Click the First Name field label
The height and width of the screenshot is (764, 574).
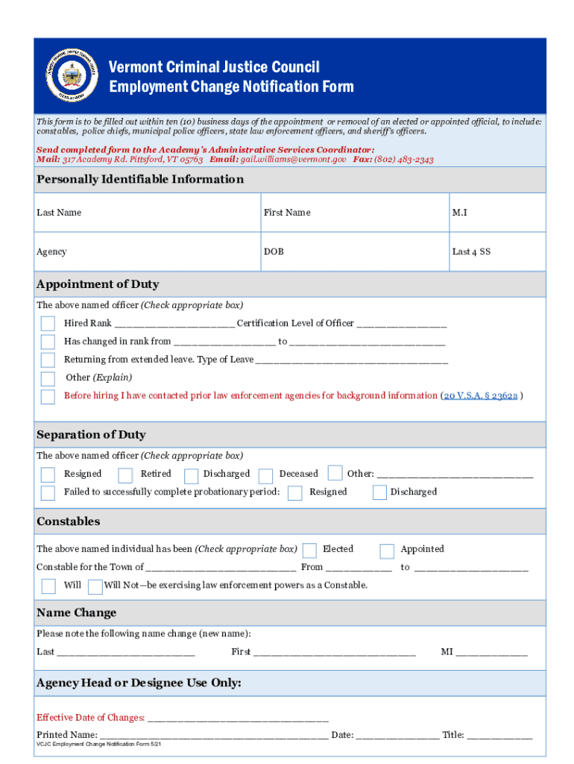(286, 213)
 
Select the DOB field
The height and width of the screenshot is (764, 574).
(354, 252)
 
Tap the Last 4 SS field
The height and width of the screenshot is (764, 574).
(496, 252)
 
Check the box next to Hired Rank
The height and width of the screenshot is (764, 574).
(48, 324)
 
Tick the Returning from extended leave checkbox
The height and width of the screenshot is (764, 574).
(48, 360)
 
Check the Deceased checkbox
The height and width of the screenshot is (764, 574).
(265, 475)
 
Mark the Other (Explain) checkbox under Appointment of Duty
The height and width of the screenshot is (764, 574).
(48, 379)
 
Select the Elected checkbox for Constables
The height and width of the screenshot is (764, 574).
(309, 551)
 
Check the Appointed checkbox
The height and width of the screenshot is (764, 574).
(387, 551)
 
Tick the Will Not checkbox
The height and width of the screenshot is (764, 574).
(95, 586)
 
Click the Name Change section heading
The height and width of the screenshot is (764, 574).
(77, 613)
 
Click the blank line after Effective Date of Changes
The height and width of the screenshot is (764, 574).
(238, 718)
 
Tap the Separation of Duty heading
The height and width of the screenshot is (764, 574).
(91, 434)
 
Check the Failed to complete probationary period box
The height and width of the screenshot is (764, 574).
(48, 492)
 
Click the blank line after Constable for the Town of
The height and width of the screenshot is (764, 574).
(221, 568)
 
